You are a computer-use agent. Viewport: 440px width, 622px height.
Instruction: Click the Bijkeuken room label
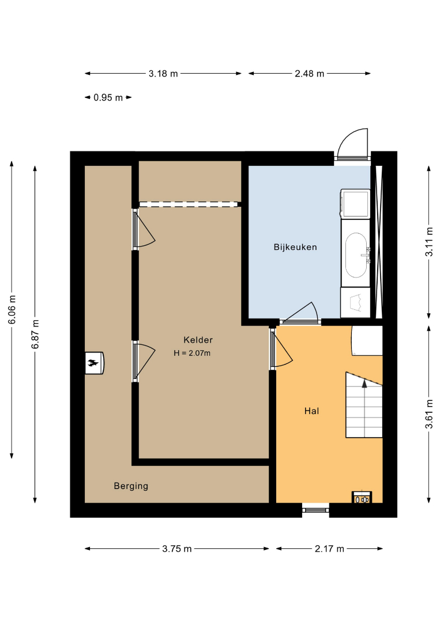pos(295,247)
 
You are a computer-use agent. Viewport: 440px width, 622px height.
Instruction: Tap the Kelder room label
pos(198,340)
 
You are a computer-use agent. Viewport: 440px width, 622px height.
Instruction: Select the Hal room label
pos(312,411)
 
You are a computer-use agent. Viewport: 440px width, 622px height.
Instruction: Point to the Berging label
pos(131,486)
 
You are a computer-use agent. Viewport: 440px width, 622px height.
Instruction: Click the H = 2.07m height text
pos(192,353)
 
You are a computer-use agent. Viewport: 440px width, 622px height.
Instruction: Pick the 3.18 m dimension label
pos(163,73)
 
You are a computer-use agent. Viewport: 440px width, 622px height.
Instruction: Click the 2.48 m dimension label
pos(309,73)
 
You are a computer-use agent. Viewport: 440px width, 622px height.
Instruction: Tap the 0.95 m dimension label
pos(108,97)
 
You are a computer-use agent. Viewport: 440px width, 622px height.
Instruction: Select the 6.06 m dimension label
pos(12,309)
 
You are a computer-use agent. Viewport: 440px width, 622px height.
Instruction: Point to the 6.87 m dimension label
pos(35,334)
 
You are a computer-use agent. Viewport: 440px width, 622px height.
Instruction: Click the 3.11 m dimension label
pos(429,242)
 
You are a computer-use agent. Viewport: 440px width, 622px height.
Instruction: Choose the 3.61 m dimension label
pos(429,414)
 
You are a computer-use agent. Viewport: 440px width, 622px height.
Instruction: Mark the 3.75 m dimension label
pos(176,549)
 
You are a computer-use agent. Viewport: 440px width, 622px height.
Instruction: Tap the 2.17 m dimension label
pos(329,549)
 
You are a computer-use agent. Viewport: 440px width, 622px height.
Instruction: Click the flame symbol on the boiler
pos(94,363)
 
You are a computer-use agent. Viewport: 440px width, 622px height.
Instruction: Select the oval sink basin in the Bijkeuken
pos(356,255)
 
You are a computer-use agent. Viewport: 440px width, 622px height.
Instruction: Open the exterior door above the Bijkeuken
pos(352,144)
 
